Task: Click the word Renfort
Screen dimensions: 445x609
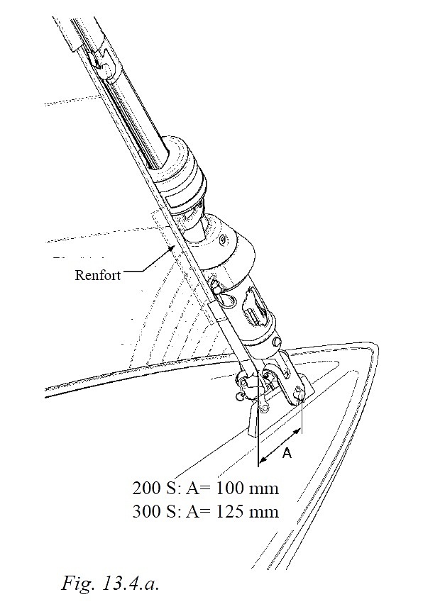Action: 97,274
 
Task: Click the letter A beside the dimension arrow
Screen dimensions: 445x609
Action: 287,453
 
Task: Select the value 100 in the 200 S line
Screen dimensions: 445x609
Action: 229,488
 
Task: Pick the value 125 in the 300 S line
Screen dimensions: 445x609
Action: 229,511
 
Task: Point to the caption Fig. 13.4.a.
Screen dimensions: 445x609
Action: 110,583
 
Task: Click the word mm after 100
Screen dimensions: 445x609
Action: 263,489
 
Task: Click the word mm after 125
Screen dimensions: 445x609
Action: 263,513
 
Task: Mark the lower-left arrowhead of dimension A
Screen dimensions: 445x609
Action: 263,460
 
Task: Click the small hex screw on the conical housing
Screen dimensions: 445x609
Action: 223,240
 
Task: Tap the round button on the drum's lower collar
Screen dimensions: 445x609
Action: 277,342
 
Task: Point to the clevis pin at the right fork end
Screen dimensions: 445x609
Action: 299,391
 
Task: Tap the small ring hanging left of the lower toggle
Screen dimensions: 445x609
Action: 240,396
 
